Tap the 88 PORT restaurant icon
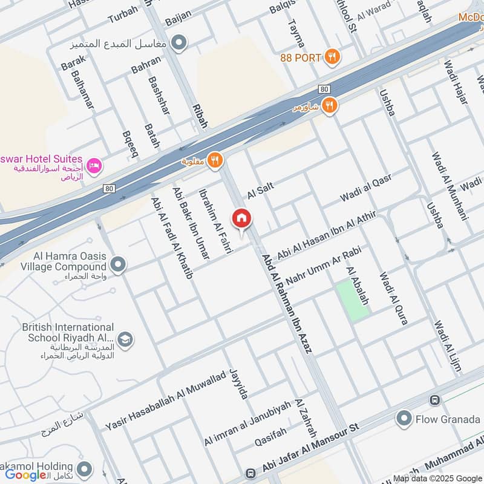coord(332,57)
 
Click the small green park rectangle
coord(353,299)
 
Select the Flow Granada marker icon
coord(404,419)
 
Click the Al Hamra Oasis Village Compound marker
coord(118,264)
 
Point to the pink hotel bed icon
coord(94,165)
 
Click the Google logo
coord(25,474)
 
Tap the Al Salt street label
coord(260,189)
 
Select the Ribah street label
coord(200,114)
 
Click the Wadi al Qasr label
coord(365,188)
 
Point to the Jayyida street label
coord(239,384)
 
